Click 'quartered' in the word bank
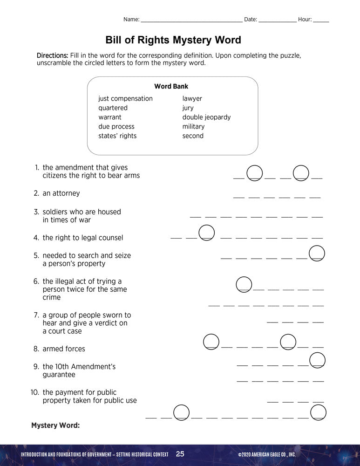(113, 108)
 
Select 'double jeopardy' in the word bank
(206, 117)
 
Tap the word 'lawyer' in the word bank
(192, 99)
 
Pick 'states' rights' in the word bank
(117, 136)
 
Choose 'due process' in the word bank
(116, 127)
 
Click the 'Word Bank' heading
(171, 86)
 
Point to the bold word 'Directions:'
(53, 55)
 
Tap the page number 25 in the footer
(180, 454)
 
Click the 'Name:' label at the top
(131, 20)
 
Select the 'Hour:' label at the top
(305, 20)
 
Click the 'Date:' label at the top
(251, 20)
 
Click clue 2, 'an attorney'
(61, 193)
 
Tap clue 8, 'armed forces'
(64, 349)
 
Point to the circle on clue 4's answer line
(207, 232)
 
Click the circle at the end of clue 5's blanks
(317, 253)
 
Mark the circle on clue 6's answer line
(244, 284)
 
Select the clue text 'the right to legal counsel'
(83, 238)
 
